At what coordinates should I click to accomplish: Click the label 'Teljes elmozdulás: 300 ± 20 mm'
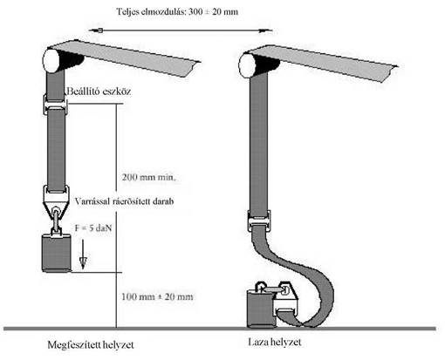(x=177, y=12)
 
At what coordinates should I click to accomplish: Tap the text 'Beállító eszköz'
(x=99, y=92)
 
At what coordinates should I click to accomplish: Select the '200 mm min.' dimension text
(x=149, y=177)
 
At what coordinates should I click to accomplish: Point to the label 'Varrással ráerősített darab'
(x=124, y=201)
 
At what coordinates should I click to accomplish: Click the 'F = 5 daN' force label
(x=93, y=228)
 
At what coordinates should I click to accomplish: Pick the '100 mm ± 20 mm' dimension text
(x=157, y=296)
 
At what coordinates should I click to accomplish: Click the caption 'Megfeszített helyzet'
(x=91, y=345)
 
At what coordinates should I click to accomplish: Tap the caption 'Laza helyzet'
(x=275, y=342)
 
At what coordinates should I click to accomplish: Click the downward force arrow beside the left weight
(x=83, y=254)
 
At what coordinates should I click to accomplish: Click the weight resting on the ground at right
(x=260, y=308)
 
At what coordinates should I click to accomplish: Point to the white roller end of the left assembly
(x=51, y=61)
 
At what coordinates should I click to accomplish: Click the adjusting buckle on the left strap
(x=56, y=105)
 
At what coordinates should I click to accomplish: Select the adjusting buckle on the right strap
(x=259, y=221)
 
